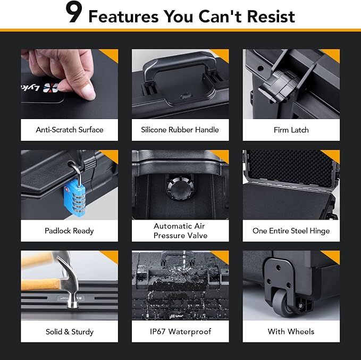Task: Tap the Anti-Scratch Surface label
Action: pos(69,130)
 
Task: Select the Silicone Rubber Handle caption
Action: pos(180,130)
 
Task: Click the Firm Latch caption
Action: pos(291,130)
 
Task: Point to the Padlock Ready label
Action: pos(69,231)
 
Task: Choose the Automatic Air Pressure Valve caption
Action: pos(180,231)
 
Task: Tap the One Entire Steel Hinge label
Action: pos(291,231)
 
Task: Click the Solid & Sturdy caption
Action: pos(69,332)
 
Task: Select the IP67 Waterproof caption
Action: pos(180,332)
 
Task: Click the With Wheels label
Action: pos(291,332)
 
